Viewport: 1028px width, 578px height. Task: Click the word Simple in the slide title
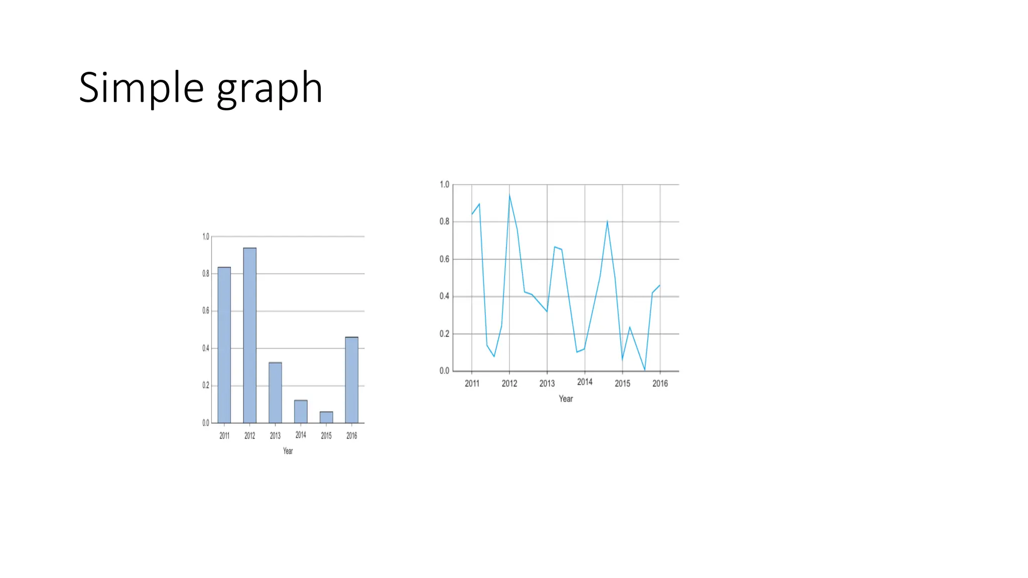(x=141, y=88)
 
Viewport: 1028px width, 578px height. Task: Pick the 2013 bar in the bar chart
(x=275, y=392)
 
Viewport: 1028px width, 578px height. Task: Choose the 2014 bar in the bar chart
(x=301, y=411)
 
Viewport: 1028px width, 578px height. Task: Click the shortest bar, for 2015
(x=326, y=417)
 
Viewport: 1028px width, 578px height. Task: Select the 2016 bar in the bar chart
(x=352, y=380)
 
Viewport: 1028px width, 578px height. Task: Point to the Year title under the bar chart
(x=288, y=451)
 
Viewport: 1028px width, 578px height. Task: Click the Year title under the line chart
(x=566, y=399)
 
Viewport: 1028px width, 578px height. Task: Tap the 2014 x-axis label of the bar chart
(x=301, y=435)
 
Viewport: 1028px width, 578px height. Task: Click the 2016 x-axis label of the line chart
(x=660, y=383)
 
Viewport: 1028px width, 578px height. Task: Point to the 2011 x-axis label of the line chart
(x=472, y=383)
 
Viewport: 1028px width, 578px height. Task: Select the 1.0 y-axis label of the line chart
(x=444, y=185)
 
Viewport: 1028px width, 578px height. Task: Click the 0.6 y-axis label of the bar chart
(x=206, y=311)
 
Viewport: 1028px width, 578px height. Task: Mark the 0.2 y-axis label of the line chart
(x=444, y=334)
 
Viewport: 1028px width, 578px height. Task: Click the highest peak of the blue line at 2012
(x=509, y=195)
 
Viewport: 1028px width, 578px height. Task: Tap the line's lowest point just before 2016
(x=645, y=370)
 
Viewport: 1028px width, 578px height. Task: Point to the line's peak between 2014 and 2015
(x=607, y=221)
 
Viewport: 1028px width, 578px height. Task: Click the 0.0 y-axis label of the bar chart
(x=206, y=423)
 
